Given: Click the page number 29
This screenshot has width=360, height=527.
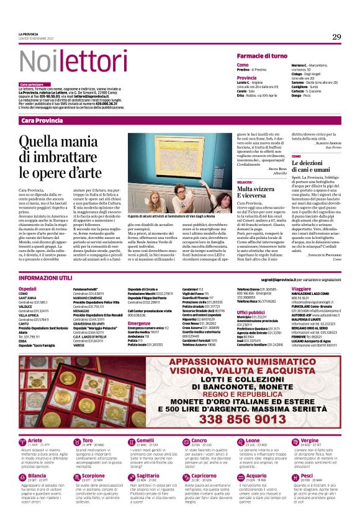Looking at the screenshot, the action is [336, 37].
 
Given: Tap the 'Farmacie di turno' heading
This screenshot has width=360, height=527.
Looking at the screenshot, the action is [261, 56].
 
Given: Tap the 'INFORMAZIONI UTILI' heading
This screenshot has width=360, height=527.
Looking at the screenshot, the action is [46, 279].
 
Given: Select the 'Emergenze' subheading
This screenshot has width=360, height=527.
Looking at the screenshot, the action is [140, 323].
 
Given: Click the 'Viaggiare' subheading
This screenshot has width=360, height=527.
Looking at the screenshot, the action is [301, 289].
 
